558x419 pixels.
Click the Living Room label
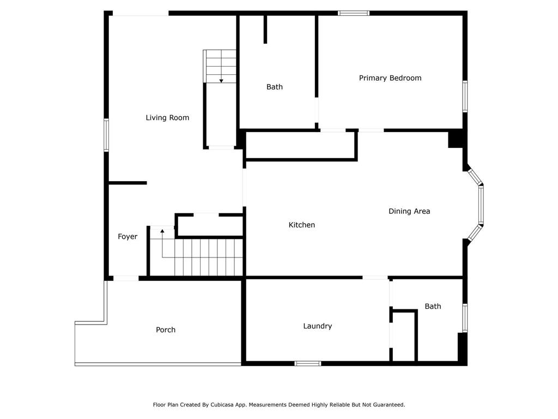[x=167, y=118]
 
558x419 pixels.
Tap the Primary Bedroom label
[x=390, y=78]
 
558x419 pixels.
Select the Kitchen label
[x=302, y=225]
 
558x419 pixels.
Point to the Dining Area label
[x=409, y=211]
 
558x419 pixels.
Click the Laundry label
[x=318, y=326]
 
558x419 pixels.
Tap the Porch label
[x=166, y=330]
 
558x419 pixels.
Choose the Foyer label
[x=128, y=237]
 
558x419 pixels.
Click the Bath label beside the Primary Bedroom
[x=275, y=87]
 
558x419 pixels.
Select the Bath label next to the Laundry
[x=433, y=307]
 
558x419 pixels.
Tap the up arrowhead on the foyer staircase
[x=162, y=231]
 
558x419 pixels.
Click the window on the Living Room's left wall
[x=106, y=135]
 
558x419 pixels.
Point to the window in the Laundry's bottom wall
[x=308, y=363]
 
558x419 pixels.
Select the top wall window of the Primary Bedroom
[x=353, y=13]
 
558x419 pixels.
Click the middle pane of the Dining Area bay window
[x=481, y=205]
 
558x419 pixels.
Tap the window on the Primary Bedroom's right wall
[x=465, y=97]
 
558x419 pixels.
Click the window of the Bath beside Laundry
[x=465, y=318]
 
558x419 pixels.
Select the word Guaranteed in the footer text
[x=389, y=405]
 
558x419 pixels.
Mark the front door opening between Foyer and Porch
[x=126, y=278]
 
